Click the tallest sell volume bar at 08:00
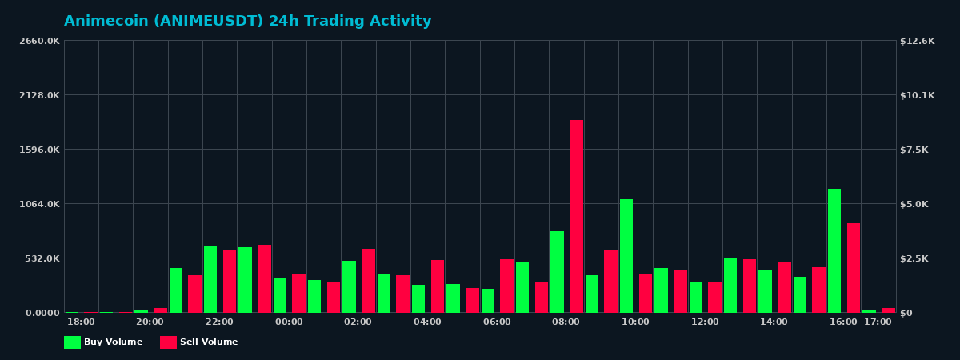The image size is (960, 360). [576, 216]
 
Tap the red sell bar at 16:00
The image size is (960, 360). [854, 268]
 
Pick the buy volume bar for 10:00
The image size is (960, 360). [626, 256]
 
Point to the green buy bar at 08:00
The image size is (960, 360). [557, 272]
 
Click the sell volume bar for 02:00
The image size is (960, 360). [368, 281]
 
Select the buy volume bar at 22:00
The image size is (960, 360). [210, 279]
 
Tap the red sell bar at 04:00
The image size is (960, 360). [438, 286]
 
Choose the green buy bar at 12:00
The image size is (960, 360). [696, 297]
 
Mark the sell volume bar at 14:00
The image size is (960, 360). [784, 287]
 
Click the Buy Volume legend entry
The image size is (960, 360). [103, 342]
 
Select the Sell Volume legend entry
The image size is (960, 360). [199, 342]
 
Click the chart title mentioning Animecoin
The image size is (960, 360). [248, 22]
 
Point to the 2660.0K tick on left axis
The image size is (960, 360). [40, 41]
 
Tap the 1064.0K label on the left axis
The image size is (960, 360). [40, 204]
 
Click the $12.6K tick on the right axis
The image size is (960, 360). [917, 41]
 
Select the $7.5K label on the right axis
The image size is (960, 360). [914, 150]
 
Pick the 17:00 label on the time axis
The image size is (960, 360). [878, 322]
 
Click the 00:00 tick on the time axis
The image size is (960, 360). [289, 322]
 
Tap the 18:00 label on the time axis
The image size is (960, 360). [81, 322]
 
